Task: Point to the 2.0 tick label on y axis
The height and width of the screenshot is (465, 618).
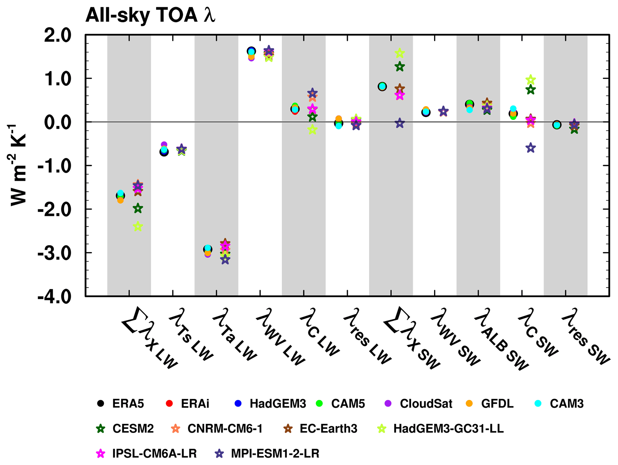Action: [58, 36]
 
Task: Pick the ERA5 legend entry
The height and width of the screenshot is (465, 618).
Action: [121, 404]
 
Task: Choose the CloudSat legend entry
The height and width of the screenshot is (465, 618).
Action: [418, 404]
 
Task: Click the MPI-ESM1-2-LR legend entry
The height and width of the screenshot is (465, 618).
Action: [267, 454]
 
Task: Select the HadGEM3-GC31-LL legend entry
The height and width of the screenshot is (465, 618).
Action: [441, 429]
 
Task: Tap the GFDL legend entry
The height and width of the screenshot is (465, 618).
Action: [490, 404]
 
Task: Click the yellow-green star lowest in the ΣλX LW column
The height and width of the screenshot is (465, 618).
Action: [138, 227]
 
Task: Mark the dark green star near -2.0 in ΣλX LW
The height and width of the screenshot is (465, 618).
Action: [138, 208]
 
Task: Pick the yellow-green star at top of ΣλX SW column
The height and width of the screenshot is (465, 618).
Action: [400, 53]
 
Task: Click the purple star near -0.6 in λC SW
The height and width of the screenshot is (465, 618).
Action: [531, 148]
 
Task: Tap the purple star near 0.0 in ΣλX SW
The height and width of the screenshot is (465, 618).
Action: [400, 123]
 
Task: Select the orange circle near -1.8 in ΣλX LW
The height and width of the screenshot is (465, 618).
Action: [120, 200]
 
